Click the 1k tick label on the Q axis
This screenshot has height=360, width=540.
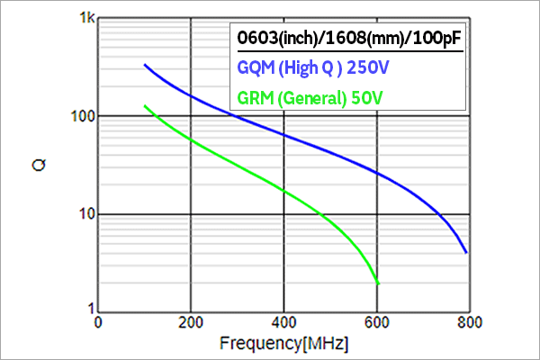coord(83,19)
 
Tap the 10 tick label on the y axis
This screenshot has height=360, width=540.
coord(82,215)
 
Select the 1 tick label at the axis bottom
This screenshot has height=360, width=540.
coord(86,310)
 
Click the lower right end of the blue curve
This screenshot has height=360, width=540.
coord(466,253)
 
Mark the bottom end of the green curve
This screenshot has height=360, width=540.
coord(378,283)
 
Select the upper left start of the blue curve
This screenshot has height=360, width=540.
coord(145,65)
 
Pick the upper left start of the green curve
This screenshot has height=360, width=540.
coord(145,106)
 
